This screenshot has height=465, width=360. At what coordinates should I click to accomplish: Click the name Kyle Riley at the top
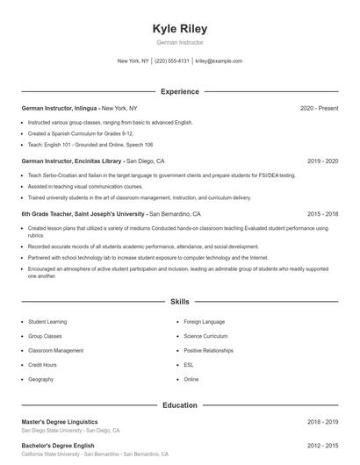(x=180, y=28)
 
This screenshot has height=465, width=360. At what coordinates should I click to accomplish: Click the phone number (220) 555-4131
(x=172, y=61)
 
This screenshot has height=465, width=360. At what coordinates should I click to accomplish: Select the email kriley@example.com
(x=219, y=61)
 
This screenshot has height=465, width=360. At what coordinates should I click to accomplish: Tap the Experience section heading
(x=180, y=91)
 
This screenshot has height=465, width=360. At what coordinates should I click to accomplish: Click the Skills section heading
(x=180, y=301)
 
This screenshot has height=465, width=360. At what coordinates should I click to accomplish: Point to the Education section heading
(x=180, y=405)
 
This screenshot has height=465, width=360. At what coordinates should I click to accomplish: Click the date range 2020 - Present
(x=319, y=108)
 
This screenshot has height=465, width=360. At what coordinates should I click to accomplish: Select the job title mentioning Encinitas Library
(x=74, y=161)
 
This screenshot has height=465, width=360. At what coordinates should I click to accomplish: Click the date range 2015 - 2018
(x=323, y=213)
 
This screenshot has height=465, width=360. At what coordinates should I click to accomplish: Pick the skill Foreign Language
(x=205, y=322)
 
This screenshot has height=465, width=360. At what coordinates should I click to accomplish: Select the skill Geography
(x=40, y=379)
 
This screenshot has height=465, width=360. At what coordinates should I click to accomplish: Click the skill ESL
(x=189, y=365)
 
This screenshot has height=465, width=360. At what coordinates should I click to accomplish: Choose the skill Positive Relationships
(x=208, y=350)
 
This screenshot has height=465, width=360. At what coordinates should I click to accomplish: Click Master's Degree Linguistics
(x=60, y=422)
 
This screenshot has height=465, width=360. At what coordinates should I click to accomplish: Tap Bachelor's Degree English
(x=58, y=447)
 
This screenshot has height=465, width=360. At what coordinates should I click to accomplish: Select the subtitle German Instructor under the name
(x=180, y=42)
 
